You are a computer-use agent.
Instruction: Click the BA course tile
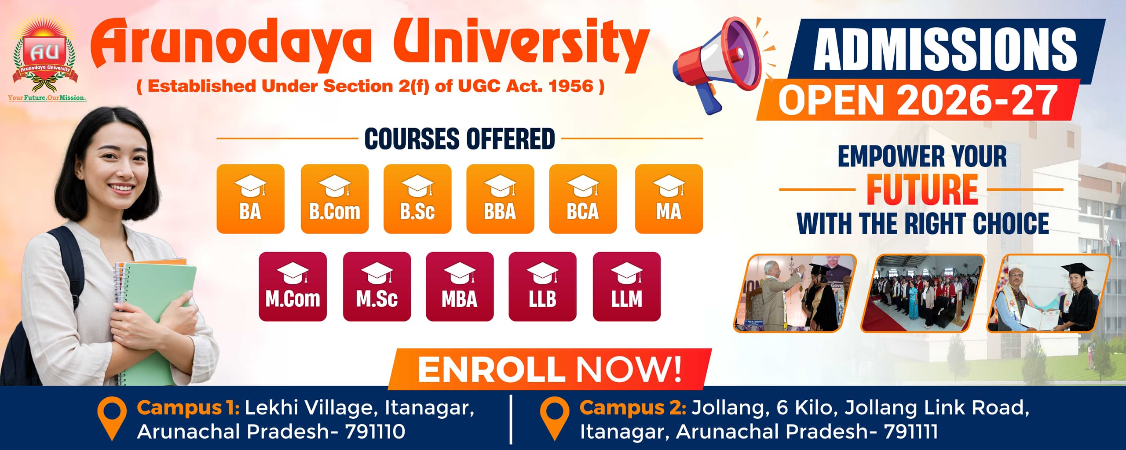(x=250, y=199)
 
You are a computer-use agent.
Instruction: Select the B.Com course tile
(x=334, y=199)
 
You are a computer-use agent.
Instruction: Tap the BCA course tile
(x=583, y=199)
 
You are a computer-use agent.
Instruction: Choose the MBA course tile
(x=460, y=287)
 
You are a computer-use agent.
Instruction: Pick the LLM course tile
(x=627, y=287)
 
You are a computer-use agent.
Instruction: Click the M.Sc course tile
(x=377, y=287)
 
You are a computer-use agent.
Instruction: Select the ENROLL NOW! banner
(x=550, y=369)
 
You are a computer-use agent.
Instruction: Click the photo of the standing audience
(x=922, y=293)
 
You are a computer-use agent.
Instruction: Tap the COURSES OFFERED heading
(x=460, y=139)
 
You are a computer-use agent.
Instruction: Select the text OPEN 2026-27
(x=918, y=101)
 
